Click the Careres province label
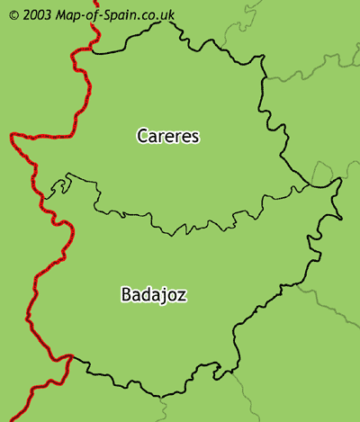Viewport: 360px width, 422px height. (x=167, y=136)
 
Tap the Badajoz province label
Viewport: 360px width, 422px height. (x=153, y=294)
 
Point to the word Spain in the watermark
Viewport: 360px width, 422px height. (x=119, y=15)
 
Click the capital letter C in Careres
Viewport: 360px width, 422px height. (x=142, y=136)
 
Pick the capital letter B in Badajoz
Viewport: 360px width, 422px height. (x=125, y=294)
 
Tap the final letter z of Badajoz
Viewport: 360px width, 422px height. (x=183, y=295)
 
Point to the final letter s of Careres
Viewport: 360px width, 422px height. (x=194, y=137)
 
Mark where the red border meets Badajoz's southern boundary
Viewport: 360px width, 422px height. (x=70, y=356)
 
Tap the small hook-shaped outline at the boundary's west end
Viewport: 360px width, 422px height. (x=61, y=187)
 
